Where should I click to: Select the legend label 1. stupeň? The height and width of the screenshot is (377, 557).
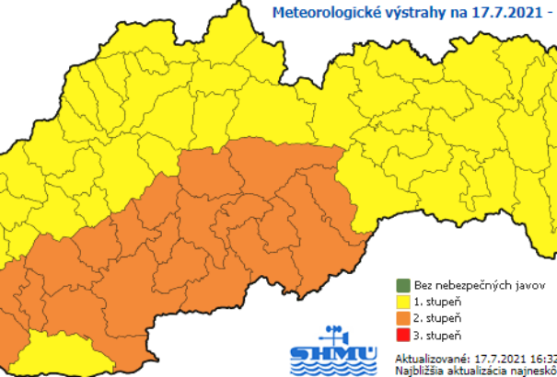436,303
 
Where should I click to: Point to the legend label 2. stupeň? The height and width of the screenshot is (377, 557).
436,319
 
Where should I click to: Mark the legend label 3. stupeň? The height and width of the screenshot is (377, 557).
436,336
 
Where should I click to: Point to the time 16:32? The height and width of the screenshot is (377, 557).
543,358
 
